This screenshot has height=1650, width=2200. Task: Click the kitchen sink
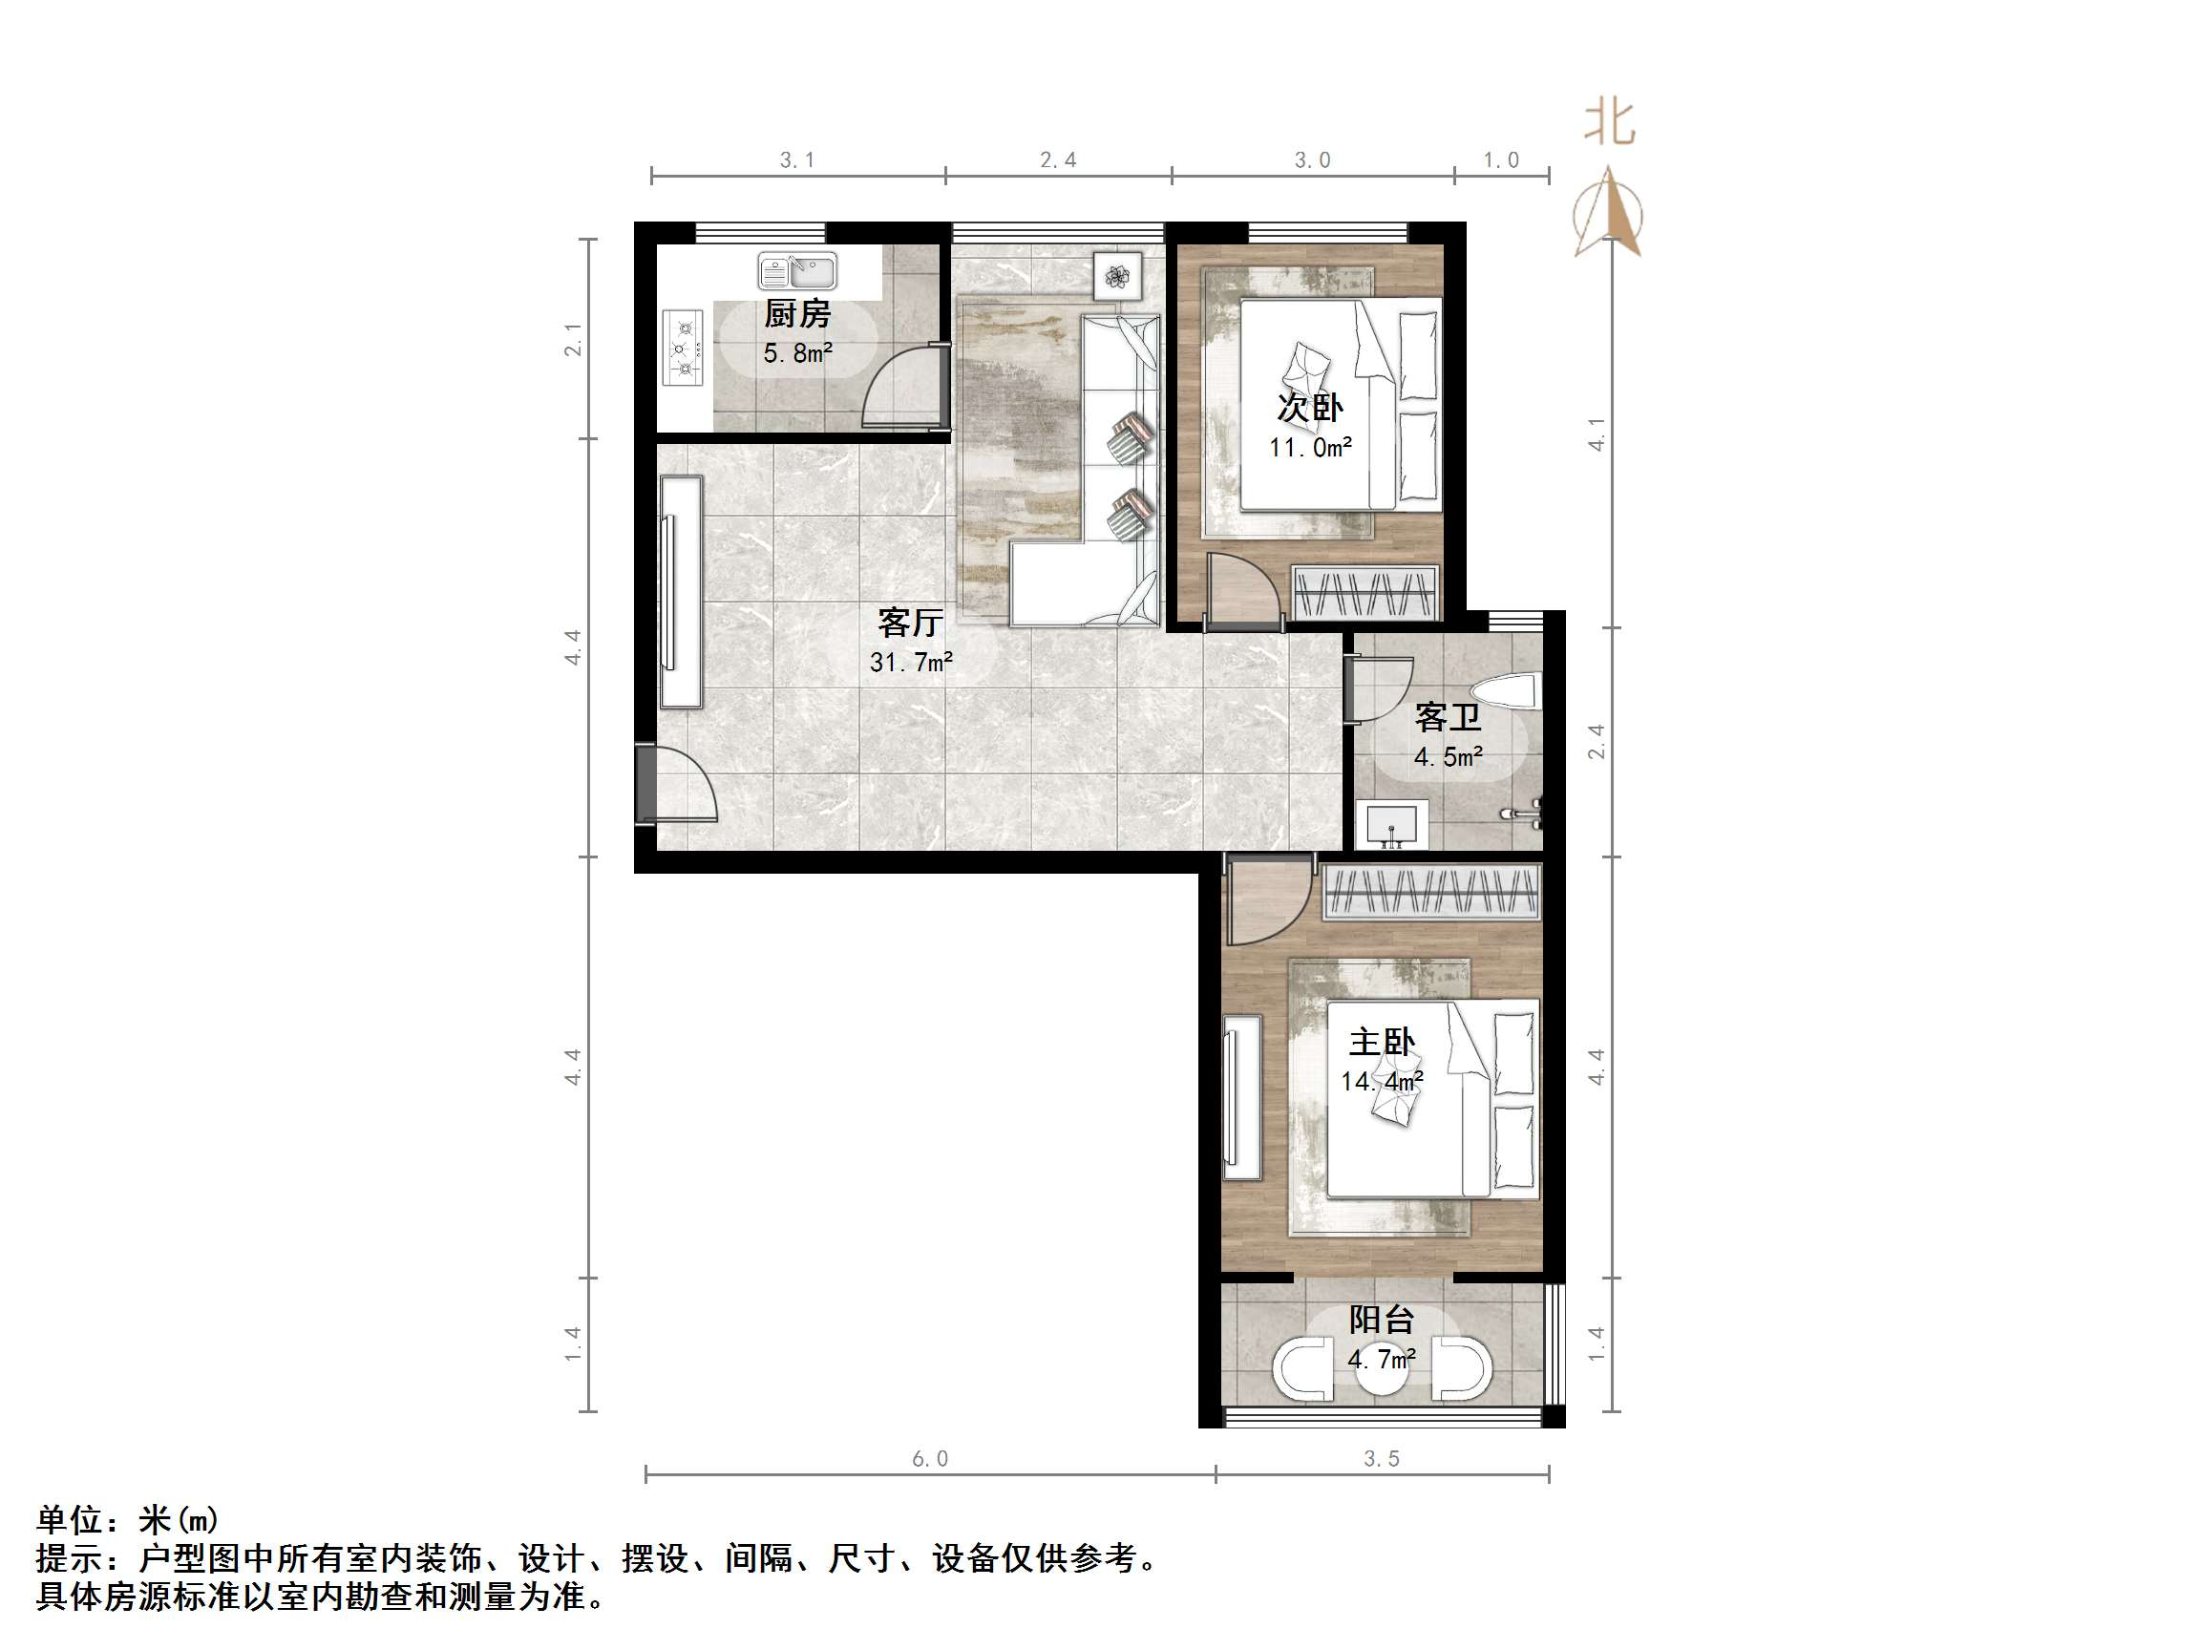click(797, 270)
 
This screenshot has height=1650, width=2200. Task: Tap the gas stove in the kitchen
click(683, 348)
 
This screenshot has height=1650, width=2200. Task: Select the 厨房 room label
click(796, 314)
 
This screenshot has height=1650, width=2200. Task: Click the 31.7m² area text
click(911, 662)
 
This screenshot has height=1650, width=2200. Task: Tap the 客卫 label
click(1448, 717)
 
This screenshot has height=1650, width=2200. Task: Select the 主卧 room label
click(1382, 1043)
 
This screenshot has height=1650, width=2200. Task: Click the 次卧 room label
click(1310, 408)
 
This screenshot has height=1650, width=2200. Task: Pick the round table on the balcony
click(1382, 1370)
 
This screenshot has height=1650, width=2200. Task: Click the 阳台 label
click(1382, 1320)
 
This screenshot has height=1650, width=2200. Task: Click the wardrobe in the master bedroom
click(1431, 891)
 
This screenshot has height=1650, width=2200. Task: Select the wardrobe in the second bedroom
click(1365, 593)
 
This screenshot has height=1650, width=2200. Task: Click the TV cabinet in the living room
click(681, 593)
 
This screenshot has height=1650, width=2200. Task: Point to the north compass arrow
click(1607, 214)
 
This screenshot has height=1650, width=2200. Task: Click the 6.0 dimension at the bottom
click(930, 1458)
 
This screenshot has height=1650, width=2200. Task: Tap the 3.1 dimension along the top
click(796, 160)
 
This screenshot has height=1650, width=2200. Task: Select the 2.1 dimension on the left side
click(573, 340)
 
